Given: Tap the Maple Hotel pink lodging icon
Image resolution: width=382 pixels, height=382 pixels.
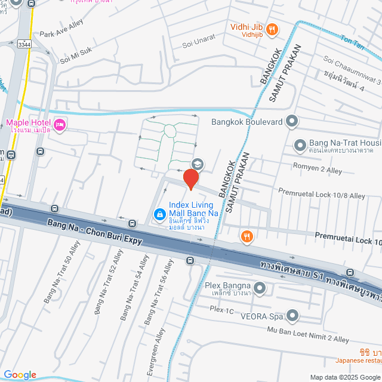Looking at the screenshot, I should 59,125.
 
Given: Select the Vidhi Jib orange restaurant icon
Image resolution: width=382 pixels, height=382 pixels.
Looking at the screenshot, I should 272,28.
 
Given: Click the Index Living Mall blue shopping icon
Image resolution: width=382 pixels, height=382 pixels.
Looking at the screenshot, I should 159,214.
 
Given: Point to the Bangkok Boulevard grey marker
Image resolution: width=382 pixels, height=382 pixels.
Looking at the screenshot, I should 292,122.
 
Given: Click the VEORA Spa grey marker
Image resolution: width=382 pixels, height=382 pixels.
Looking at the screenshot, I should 292,315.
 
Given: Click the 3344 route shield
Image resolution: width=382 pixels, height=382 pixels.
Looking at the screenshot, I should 24,44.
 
